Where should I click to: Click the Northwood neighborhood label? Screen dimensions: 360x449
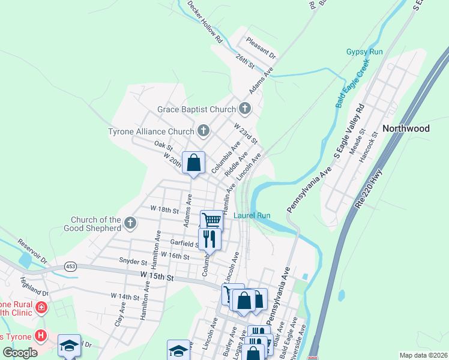pyautogui.click(x=406, y=128)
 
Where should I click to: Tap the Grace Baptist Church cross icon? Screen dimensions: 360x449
pyautogui.click(x=244, y=109)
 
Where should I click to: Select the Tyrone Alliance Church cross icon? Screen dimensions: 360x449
pyautogui.click(x=203, y=131)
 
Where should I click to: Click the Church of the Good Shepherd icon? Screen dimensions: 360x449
pyautogui.click(x=130, y=224)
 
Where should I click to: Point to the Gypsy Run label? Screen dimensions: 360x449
pyautogui.click(x=364, y=52)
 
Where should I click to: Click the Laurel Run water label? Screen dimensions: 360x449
pyautogui.click(x=252, y=215)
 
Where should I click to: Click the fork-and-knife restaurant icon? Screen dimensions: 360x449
pyautogui.click(x=209, y=239)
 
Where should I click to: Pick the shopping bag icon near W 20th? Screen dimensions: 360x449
pyautogui.click(x=193, y=163)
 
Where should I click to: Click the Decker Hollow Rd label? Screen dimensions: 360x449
pyautogui.click(x=205, y=22)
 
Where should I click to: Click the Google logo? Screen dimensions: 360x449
pyautogui.click(x=19, y=352)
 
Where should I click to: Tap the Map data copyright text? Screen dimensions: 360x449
pyautogui.click(x=423, y=355)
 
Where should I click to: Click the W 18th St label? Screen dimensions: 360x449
pyautogui.click(x=165, y=211)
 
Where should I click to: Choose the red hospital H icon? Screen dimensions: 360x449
pyautogui.click(x=41, y=335)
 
